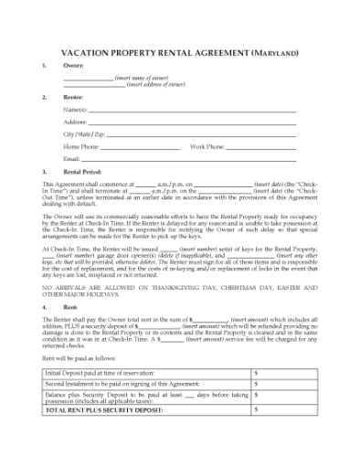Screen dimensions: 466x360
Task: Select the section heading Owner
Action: point(71,68)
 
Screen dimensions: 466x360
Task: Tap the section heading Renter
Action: point(72,96)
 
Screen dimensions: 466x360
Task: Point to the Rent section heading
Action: point(69,307)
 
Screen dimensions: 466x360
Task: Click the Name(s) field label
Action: point(76,109)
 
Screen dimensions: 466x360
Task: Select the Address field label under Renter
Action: point(76,122)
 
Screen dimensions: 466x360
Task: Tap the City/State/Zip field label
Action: point(82,133)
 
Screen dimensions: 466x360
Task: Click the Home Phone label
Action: point(81,146)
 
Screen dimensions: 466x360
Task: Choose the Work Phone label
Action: point(207,146)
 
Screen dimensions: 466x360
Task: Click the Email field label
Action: point(72,158)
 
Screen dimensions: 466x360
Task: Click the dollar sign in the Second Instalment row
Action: point(256,385)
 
